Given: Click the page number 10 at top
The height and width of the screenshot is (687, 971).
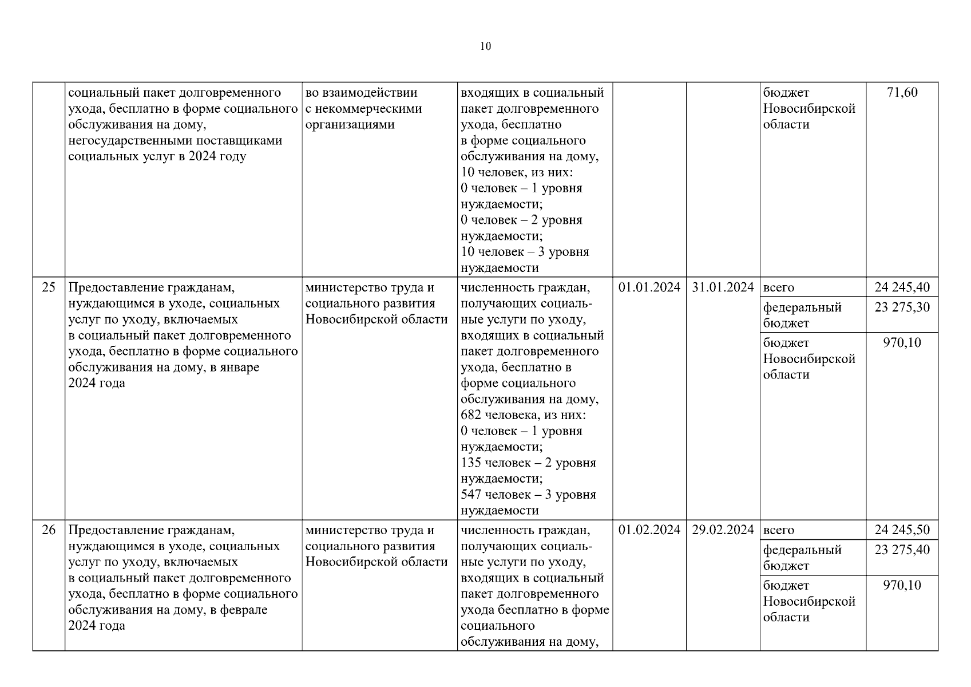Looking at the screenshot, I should pyautogui.click(x=485, y=46).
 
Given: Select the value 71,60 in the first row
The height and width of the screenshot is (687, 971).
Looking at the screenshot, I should pyautogui.click(x=902, y=92).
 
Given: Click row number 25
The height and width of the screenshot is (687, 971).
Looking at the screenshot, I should pyautogui.click(x=49, y=287).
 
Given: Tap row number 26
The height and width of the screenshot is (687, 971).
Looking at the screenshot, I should pyautogui.click(x=49, y=530).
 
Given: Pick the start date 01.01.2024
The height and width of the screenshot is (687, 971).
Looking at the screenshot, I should pyautogui.click(x=649, y=287).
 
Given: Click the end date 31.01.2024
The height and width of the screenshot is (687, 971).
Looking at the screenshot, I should pyautogui.click(x=723, y=287).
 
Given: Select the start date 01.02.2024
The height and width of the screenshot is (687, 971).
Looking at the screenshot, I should pyautogui.click(x=649, y=530).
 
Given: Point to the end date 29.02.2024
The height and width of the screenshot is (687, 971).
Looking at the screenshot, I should pyautogui.click(x=723, y=530).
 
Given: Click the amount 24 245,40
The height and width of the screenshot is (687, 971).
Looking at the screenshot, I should pyautogui.click(x=902, y=287).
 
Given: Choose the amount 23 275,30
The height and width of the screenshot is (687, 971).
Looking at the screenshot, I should pyautogui.click(x=902, y=307).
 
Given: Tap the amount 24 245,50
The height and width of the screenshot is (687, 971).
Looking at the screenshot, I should pyautogui.click(x=902, y=530).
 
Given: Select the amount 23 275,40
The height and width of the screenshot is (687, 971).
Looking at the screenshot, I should pyautogui.click(x=902, y=550).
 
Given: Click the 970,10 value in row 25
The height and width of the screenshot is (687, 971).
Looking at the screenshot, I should pyautogui.click(x=902, y=343).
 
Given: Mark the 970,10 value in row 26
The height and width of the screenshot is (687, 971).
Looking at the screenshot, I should pyautogui.click(x=902, y=586).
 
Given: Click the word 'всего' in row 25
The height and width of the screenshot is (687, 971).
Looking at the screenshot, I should pyautogui.click(x=779, y=288).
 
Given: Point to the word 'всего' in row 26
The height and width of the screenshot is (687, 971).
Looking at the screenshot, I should pyautogui.click(x=779, y=531).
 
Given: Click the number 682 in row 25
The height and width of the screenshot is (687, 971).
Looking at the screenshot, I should pyautogui.click(x=471, y=415).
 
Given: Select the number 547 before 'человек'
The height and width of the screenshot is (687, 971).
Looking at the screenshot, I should pyautogui.click(x=471, y=495).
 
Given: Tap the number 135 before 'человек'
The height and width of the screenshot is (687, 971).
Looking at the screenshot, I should pyautogui.click(x=471, y=463).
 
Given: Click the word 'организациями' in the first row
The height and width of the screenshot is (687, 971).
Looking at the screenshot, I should pyautogui.click(x=350, y=124).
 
